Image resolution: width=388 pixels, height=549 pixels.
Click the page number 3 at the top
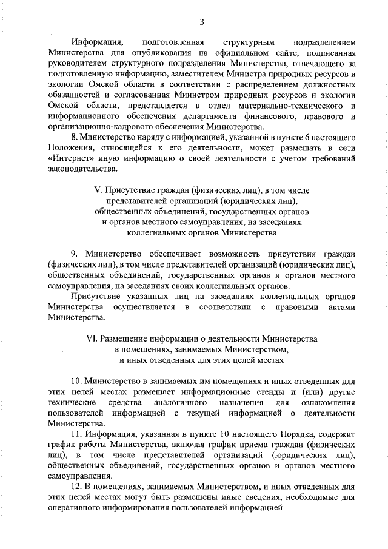pos(202,23)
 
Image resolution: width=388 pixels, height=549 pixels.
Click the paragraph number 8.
pos(74,137)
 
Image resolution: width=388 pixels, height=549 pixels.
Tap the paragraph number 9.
pos(74,253)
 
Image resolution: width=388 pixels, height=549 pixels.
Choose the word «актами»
pos(338,307)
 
